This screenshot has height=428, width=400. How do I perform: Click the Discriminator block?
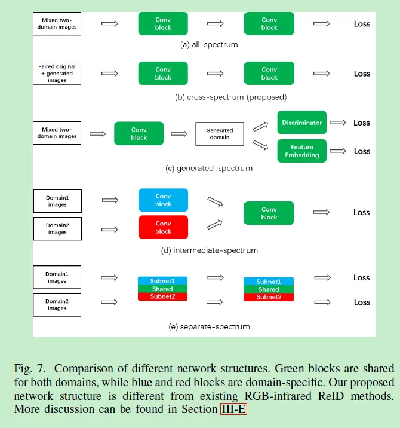(301, 123)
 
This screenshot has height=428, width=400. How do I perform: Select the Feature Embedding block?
(301, 151)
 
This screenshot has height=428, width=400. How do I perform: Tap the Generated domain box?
(220, 133)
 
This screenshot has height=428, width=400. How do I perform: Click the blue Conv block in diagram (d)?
(163, 200)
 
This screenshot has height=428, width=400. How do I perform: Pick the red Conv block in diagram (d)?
(163, 227)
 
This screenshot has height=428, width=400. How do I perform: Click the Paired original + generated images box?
(57, 73)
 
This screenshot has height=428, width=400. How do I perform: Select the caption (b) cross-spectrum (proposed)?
(230, 97)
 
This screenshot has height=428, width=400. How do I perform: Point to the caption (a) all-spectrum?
(209, 44)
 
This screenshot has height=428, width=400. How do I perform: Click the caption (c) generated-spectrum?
(209, 169)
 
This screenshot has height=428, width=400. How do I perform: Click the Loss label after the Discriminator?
(362, 123)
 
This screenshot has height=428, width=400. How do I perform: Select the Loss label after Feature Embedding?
(362, 151)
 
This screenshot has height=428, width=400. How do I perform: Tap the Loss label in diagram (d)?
(362, 212)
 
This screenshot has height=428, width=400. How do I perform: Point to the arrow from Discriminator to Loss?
(338, 123)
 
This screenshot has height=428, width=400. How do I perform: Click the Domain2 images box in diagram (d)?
(57, 228)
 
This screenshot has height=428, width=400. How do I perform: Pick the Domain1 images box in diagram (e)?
(57, 277)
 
